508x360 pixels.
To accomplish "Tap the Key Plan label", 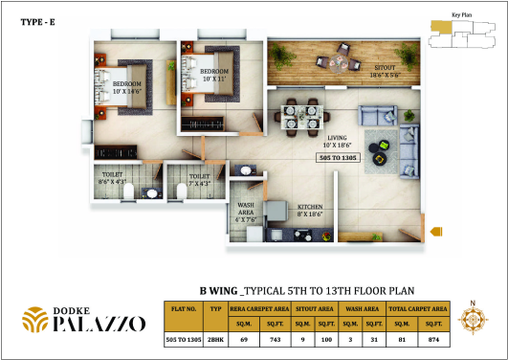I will point(463,15).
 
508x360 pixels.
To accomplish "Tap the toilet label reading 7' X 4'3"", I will point(198,179).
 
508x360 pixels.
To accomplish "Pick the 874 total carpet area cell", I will point(433,339).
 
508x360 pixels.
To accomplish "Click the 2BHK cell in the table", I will point(217,339).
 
